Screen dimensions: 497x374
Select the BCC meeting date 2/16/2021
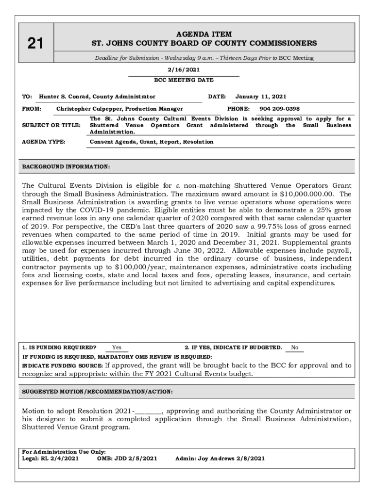point(184,70)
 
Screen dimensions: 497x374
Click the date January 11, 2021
point(261,97)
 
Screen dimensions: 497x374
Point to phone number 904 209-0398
point(279,109)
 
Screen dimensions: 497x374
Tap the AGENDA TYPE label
point(44,142)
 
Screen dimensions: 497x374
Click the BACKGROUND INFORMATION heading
point(66,166)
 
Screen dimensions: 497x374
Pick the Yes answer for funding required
point(117,348)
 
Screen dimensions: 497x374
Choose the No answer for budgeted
point(295,348)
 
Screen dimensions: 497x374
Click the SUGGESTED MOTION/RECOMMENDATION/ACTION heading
point(98,391)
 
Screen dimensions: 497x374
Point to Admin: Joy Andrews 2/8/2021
point(220,458)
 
